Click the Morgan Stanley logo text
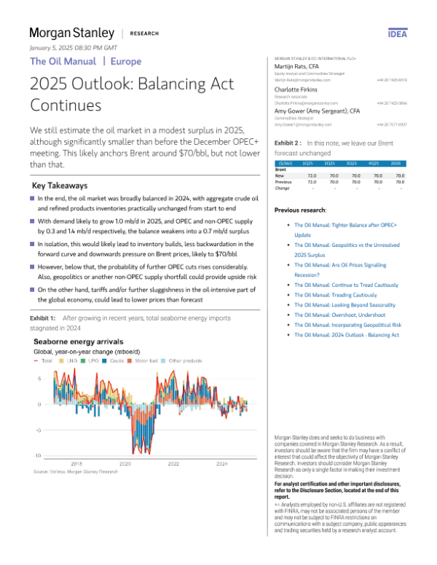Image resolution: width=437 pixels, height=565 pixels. tap(72, 33)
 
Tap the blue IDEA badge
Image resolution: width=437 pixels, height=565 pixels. tap(398, 33)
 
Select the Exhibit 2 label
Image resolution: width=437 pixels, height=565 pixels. tap(288, 144)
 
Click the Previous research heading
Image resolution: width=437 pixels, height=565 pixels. tap(300, 209)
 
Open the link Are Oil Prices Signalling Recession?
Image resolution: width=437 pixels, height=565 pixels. tap(339, 271)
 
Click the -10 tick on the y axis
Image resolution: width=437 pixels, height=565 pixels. tap(37, 455)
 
